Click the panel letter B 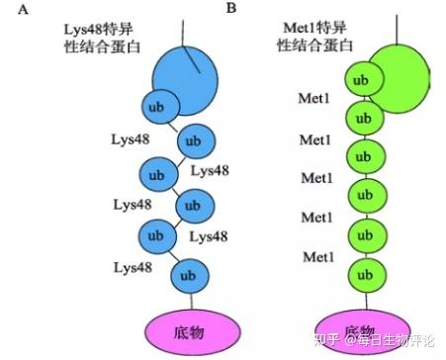click(x=231, y=9)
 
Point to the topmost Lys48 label click(x=132, y=138)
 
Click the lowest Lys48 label click(x=132, y=268)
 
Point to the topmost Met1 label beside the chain click(x=315, y=99)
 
